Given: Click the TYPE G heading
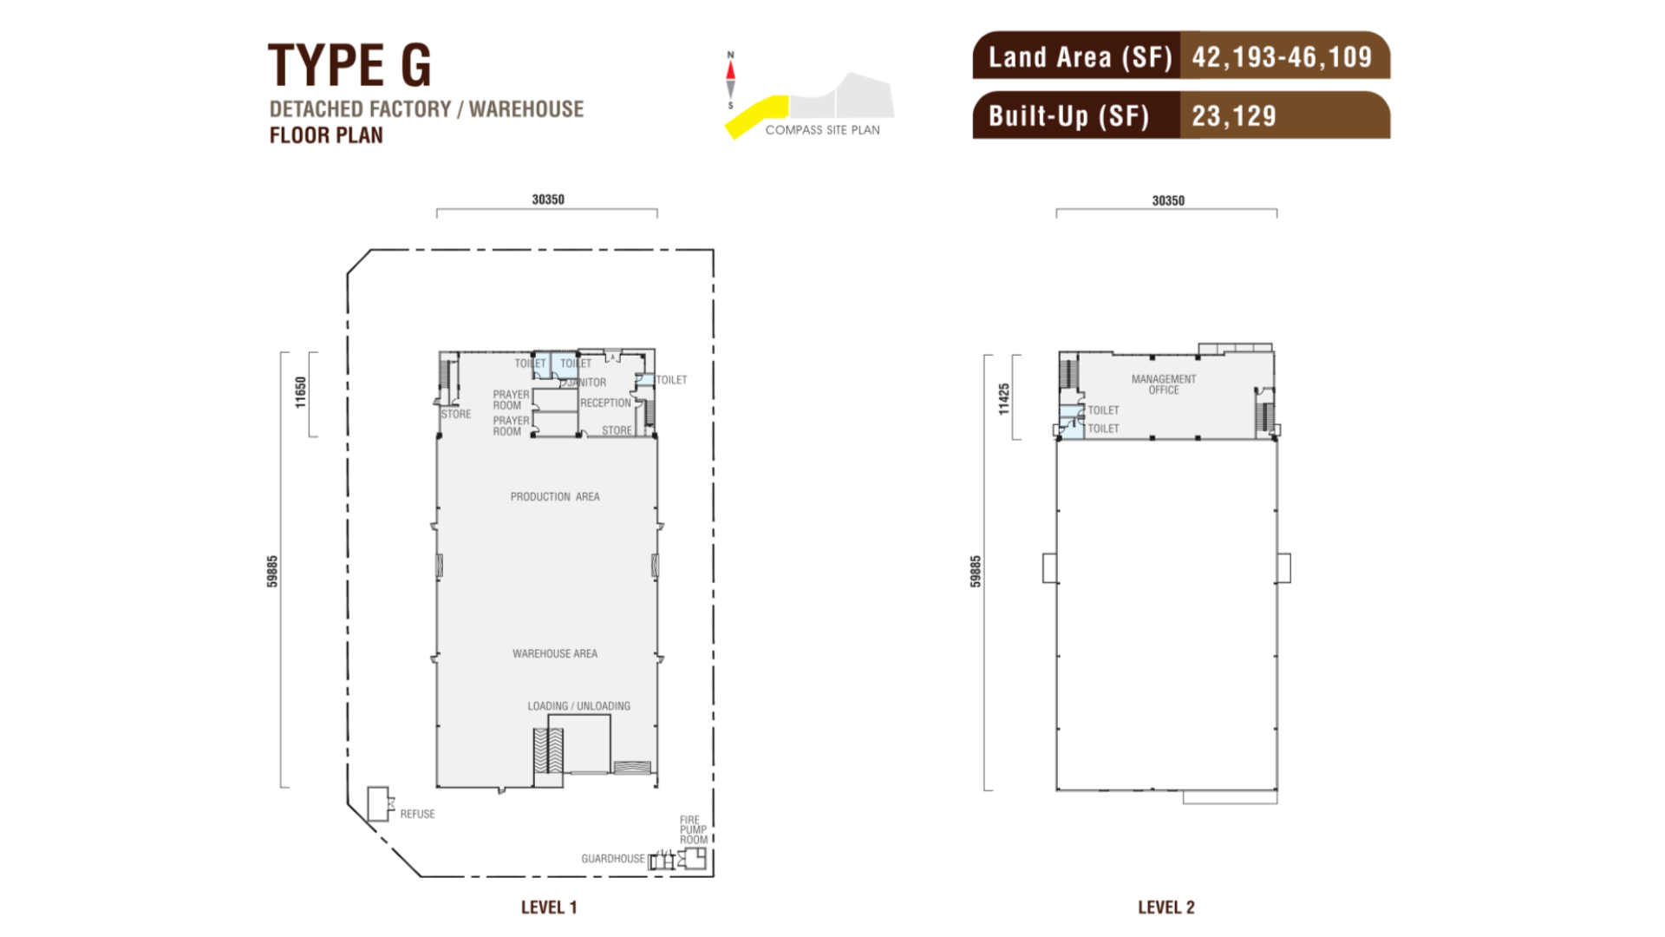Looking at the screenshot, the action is pyautogui.click(x=349, y=65).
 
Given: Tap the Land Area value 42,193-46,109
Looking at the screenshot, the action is pyautogui.click(x=1282, y=57).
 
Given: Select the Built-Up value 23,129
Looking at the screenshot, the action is pyautogui.click(x=1234, y=116).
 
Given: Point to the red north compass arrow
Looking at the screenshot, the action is pyautogui.click(x=730, y=69).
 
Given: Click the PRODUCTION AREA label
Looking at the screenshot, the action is pyautogui.click(x=555, y=497).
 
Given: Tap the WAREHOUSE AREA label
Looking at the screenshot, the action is pyautogui.click(x=555, y=654).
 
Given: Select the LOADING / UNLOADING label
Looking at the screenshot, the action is pyautogui.click(x=579, y=706).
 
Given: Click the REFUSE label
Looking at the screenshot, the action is pyautogui.click(x=417, y=814).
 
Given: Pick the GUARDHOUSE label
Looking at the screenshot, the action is pyautogui.click(x=613, y=859).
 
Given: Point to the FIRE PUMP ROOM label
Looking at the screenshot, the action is pyautogui.click(x=693, y=829).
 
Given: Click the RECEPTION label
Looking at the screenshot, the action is pyautogui.click(x=605, y=403).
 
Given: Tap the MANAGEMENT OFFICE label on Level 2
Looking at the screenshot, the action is pyautogui.click(x=1164, y=384).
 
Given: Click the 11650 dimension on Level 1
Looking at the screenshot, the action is pyautogui.click(x=301, y=392).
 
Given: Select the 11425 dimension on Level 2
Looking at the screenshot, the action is pyautogui.click(x=1004, y=399).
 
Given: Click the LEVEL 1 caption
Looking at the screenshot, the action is pyautogui.click(x=549, y=908).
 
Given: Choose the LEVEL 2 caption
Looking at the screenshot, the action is pyautogui.click(x=1166, y=908).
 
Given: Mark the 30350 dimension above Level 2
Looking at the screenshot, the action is pyautogui.click(x=1168, y=200).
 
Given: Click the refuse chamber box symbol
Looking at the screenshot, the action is pyautogui.click(x=379, y=804).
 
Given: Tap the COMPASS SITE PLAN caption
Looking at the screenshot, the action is pyautogui.click(x=822, y=130).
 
